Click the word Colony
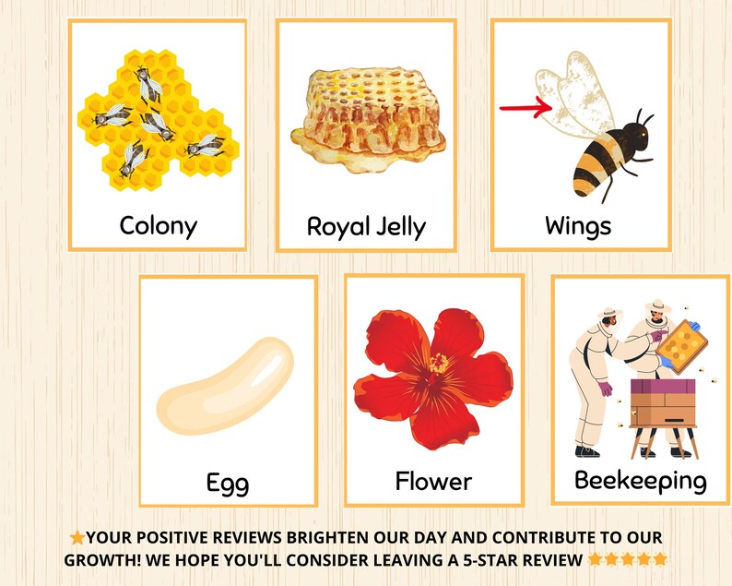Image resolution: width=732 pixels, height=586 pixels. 158,224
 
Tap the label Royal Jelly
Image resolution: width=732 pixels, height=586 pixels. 366,226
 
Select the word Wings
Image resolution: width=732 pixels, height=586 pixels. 578,224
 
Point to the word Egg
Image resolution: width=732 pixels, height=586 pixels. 227,482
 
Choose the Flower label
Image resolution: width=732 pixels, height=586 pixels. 433,481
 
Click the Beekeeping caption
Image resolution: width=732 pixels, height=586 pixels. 640,480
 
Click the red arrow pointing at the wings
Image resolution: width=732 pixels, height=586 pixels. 525,109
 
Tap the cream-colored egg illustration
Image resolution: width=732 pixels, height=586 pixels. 224,386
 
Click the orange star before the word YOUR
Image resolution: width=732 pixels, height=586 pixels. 77,537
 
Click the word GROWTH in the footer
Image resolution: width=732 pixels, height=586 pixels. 100,559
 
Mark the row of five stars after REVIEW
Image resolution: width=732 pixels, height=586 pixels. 627,559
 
